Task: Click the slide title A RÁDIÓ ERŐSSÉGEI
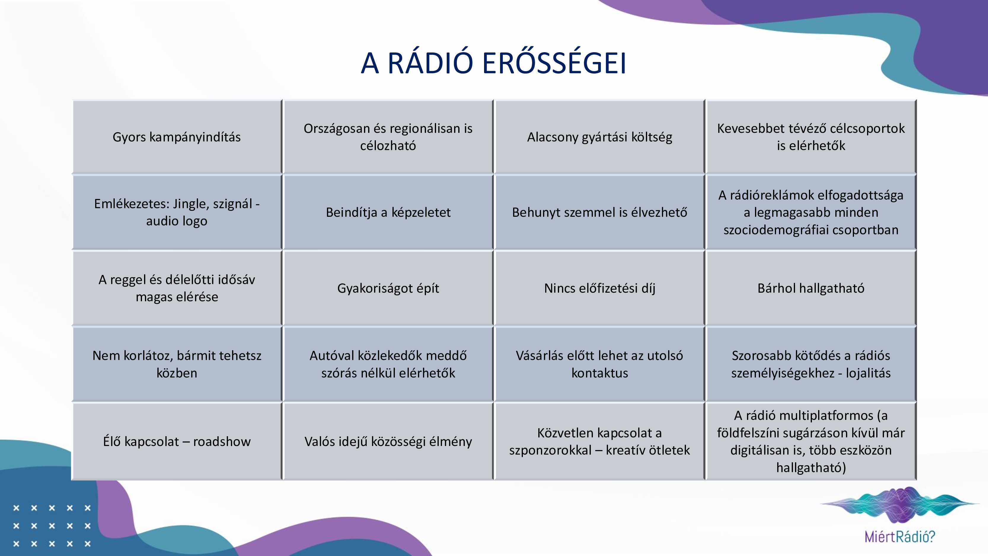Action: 494,63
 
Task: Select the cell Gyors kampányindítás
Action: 177,137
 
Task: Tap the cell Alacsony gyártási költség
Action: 599,137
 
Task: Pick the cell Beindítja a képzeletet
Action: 388,212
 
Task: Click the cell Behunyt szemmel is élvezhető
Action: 599,212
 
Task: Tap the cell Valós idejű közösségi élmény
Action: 388,441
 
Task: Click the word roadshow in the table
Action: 222,442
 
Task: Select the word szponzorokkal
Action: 550,450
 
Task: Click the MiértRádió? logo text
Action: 900,536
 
